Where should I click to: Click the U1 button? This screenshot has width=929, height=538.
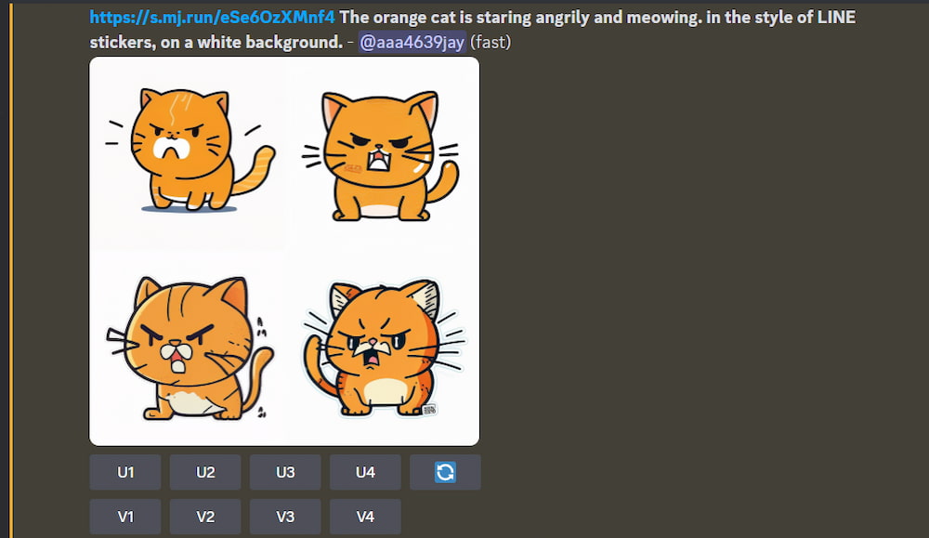tap(125, 472)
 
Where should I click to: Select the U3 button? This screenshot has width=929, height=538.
tap(285, 472)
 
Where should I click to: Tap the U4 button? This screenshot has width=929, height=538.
tap(365, 472)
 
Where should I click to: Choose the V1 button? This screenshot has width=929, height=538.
tap(125, 517)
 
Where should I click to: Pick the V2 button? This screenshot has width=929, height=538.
tap(205, 517)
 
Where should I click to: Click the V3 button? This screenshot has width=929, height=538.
tap(285, 517)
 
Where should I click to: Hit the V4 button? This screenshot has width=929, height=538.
tap(365, 517)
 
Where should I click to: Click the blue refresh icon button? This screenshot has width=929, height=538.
tap(445, 472)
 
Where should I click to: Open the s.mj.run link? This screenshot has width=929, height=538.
tap(212, 17)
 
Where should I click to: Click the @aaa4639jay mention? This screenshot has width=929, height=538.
tap(412, 42)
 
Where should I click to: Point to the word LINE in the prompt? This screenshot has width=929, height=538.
tap(836, 17)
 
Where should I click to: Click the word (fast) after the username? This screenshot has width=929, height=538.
tap(491, 42)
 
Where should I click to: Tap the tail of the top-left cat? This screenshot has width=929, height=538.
tap(255, 171)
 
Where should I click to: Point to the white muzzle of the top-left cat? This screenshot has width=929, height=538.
tap(171, 148)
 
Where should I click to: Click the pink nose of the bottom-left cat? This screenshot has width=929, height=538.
tap(176, 343)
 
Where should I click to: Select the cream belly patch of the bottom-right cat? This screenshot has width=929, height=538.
tap(385, 391)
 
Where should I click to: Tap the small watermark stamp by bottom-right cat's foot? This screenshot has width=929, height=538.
tap(429, 409)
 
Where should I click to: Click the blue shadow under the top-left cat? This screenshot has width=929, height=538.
tap(189, 208)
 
